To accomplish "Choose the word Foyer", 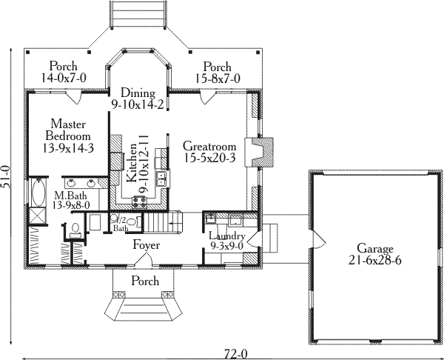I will [x=147, y=244].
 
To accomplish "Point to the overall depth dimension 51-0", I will [x=7, y=179].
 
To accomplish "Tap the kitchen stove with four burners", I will [x=140, y=201].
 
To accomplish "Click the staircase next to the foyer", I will [x=161, y=221].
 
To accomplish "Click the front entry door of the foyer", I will [x=147, y=260].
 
